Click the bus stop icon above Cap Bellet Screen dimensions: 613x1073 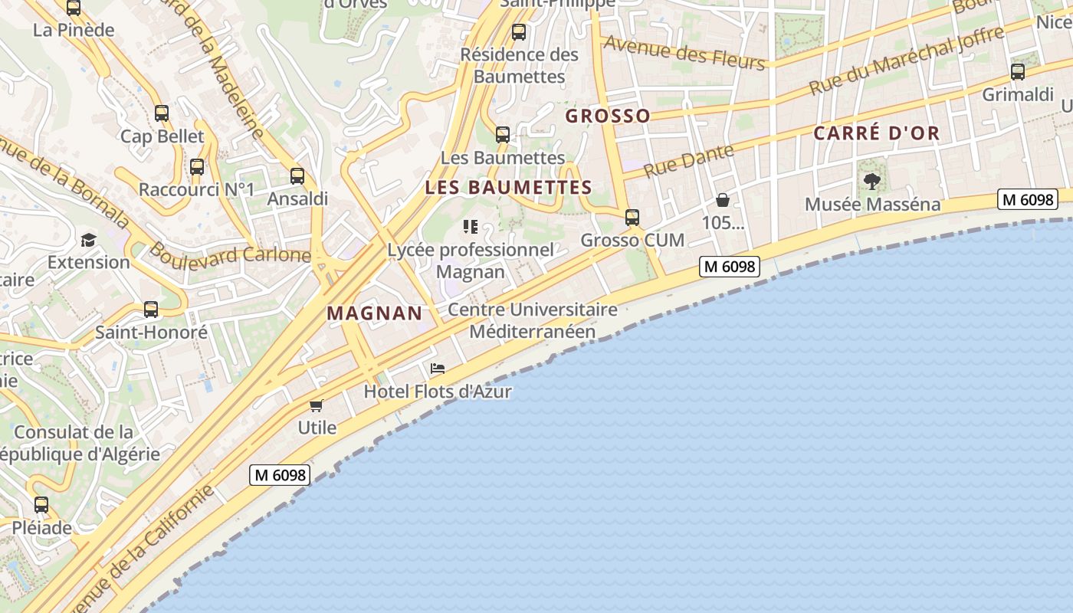click(x=162, y=113)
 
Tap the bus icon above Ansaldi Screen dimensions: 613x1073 click(x=297, y=176)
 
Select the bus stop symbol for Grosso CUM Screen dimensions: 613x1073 click(x=632, y=218)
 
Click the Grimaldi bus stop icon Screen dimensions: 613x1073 click(x=1018, y=72)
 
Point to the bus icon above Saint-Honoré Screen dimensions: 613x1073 click(x=151, y=310)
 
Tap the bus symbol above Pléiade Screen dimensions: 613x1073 click(x=41, y=505)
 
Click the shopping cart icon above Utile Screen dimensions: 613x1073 click(x=317, y=405)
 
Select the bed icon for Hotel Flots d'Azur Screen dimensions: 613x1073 click(x=438, y=369)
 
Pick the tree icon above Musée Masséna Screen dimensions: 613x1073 click(x=872, y=182)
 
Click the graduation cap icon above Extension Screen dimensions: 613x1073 click(x=89, y=240)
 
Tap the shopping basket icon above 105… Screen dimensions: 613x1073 click(x=723, y=201)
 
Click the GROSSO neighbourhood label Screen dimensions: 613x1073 click(x=608, y=116)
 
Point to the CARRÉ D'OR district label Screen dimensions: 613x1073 click(x=876, y=133)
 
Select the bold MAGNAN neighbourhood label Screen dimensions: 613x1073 click(x=375, y=313)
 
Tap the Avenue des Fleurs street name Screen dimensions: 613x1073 click(x=684, y=52)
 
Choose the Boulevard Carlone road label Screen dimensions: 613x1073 click(x=230, y=253)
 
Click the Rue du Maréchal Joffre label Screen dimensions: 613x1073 click(x=906, y=60)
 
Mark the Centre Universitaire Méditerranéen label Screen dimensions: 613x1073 click(x=533, y=321)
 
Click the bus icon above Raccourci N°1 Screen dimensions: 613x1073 click(x=197, y=167)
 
